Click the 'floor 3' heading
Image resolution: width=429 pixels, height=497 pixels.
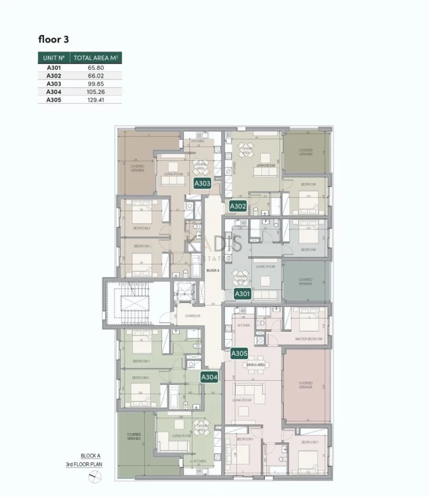pos(54,39)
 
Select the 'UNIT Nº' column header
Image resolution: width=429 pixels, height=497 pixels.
pos(54,58)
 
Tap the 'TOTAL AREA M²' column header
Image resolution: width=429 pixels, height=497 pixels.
pos(96,58)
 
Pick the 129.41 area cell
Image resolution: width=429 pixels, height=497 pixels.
pos(96,101)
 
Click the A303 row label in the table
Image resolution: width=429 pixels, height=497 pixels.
pos(54,83)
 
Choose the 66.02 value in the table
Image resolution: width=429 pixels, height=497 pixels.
pos(96,75)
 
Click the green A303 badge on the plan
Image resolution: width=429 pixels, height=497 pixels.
pos(202,183)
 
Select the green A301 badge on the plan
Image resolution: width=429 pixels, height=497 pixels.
pos(242,293)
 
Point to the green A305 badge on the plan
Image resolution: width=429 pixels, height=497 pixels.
pos(239,353)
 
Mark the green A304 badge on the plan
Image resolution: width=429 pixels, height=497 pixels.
pos(209,377)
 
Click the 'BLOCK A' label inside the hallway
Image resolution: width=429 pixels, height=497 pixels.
pos(213,270)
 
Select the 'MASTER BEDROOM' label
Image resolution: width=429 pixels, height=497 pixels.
pos(308,339)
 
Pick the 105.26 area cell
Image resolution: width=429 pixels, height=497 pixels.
pos(96,92)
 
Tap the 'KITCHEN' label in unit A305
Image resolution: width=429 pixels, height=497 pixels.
pos(244,325)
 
